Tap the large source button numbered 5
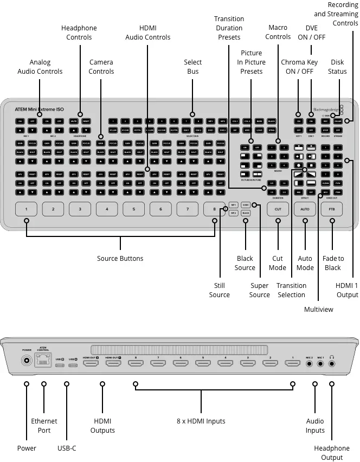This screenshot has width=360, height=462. pos(133,209)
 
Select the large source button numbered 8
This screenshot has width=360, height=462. pos(214,209)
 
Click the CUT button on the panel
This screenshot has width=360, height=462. pos(278,209)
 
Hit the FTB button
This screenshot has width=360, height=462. pos(331,209)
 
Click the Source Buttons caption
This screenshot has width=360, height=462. pos(120,259)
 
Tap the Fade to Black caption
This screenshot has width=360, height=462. pos(333,263)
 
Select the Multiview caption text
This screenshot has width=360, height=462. pos(318,310)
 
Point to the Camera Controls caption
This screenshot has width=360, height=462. pos(101,67)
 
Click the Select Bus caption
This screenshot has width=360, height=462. pos(192,67)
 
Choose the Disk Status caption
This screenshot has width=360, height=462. pos(337,67)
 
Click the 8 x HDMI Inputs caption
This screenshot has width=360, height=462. pos(201,421)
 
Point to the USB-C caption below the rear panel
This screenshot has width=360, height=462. pos(67,448)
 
